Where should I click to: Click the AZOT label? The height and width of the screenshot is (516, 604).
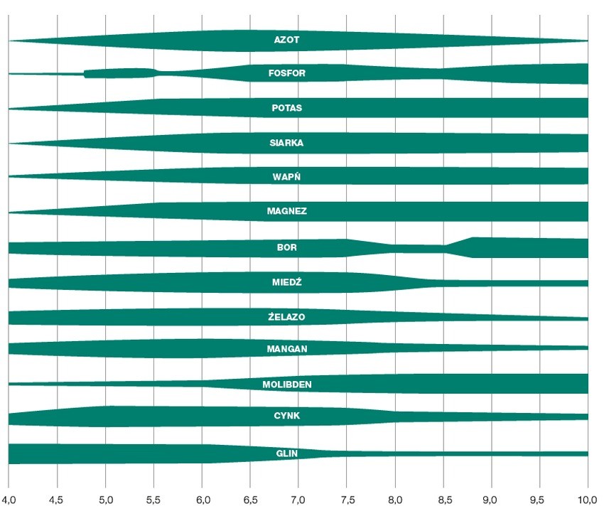click(287, 41)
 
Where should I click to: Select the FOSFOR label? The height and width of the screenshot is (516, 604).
click(287, 73)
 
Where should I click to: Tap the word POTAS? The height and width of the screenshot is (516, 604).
click(287, 108)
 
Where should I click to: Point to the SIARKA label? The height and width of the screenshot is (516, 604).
click(287, 143)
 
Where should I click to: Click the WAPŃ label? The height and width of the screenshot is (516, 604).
click(287, 176)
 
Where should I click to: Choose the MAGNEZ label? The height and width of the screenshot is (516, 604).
click(287, 211)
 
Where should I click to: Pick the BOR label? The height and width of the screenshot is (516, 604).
click(287, 248)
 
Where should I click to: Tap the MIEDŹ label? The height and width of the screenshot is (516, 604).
click(287, 282)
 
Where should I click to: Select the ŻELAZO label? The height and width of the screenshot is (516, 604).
click(287, 317)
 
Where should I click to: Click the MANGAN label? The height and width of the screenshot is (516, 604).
click(287, 349)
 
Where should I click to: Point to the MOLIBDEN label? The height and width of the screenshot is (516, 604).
click(287, 385)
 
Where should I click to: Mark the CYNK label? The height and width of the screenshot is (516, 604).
click(287, 416)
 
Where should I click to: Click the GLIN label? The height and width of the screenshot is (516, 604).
click(287, 453)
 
